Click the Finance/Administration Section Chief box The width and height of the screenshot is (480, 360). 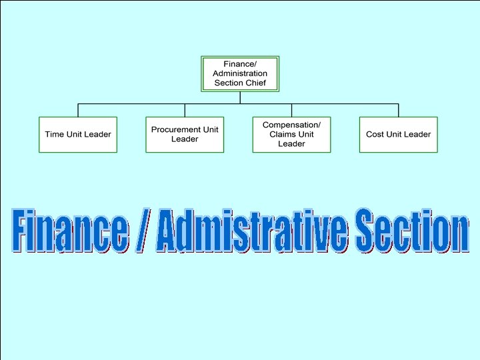point(240,73)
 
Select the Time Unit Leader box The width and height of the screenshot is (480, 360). point(78,134)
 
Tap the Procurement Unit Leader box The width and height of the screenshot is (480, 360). point(185,134)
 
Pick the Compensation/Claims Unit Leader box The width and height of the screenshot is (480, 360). point(291,134)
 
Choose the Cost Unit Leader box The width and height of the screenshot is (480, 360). point(398,134)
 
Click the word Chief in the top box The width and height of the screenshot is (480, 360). point(255,83)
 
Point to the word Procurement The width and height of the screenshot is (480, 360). point(175,129)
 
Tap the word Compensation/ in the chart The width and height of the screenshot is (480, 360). point(291,125)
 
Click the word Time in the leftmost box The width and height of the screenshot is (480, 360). point(54,134)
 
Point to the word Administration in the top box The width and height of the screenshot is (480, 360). point(240,73)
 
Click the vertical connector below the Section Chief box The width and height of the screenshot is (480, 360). point(240,97)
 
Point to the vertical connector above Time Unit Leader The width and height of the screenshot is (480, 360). point(78,110)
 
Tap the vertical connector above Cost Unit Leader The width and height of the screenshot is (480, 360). point(398,110)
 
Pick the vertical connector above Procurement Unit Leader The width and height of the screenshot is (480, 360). point(185,110)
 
